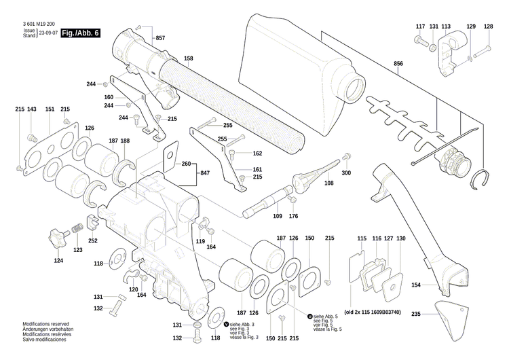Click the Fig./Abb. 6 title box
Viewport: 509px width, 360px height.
click(79, 33)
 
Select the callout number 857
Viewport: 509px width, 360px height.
click(160, 38)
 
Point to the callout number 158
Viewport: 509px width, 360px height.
click(188, 58)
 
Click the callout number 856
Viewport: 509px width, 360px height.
click(398, 63)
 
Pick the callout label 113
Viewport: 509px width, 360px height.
click(446, 26)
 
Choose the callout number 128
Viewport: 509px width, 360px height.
click(489, 26)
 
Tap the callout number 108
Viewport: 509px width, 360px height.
click(329, 183)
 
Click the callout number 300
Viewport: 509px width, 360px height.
click(347, 173)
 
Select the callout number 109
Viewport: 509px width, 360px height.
click(278, 216)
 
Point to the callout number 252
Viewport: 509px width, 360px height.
click(93, 240)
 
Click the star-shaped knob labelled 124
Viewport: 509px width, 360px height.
click(56, 238)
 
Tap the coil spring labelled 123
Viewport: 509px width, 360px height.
click(78, 227)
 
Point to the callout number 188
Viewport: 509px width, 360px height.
click(125, 141)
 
